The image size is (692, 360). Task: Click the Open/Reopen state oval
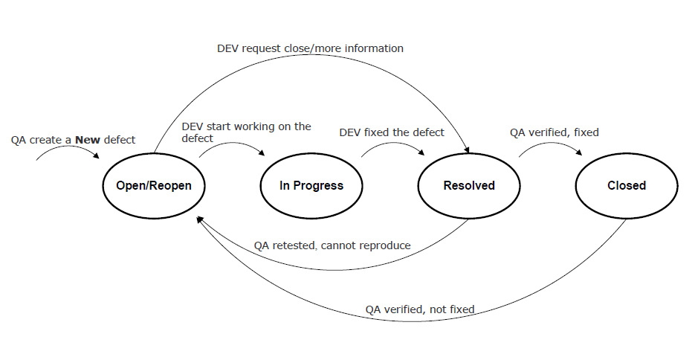pos(154,185)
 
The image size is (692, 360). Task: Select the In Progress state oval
pos(311,185)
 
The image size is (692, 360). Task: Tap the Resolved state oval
pos(469,185)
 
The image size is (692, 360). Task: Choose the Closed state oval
pos(626,185)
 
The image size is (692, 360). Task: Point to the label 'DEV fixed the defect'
pos(392,132)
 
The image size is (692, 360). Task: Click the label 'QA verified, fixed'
pos(554,132)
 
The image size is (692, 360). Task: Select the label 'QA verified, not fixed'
pos(419,309)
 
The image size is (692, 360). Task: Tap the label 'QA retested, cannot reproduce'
pos(332,245)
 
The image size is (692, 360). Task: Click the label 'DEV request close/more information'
pos(310,48)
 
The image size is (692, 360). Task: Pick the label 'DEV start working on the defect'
pos(246,132)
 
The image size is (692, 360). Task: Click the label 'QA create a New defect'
pos(73,139)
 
